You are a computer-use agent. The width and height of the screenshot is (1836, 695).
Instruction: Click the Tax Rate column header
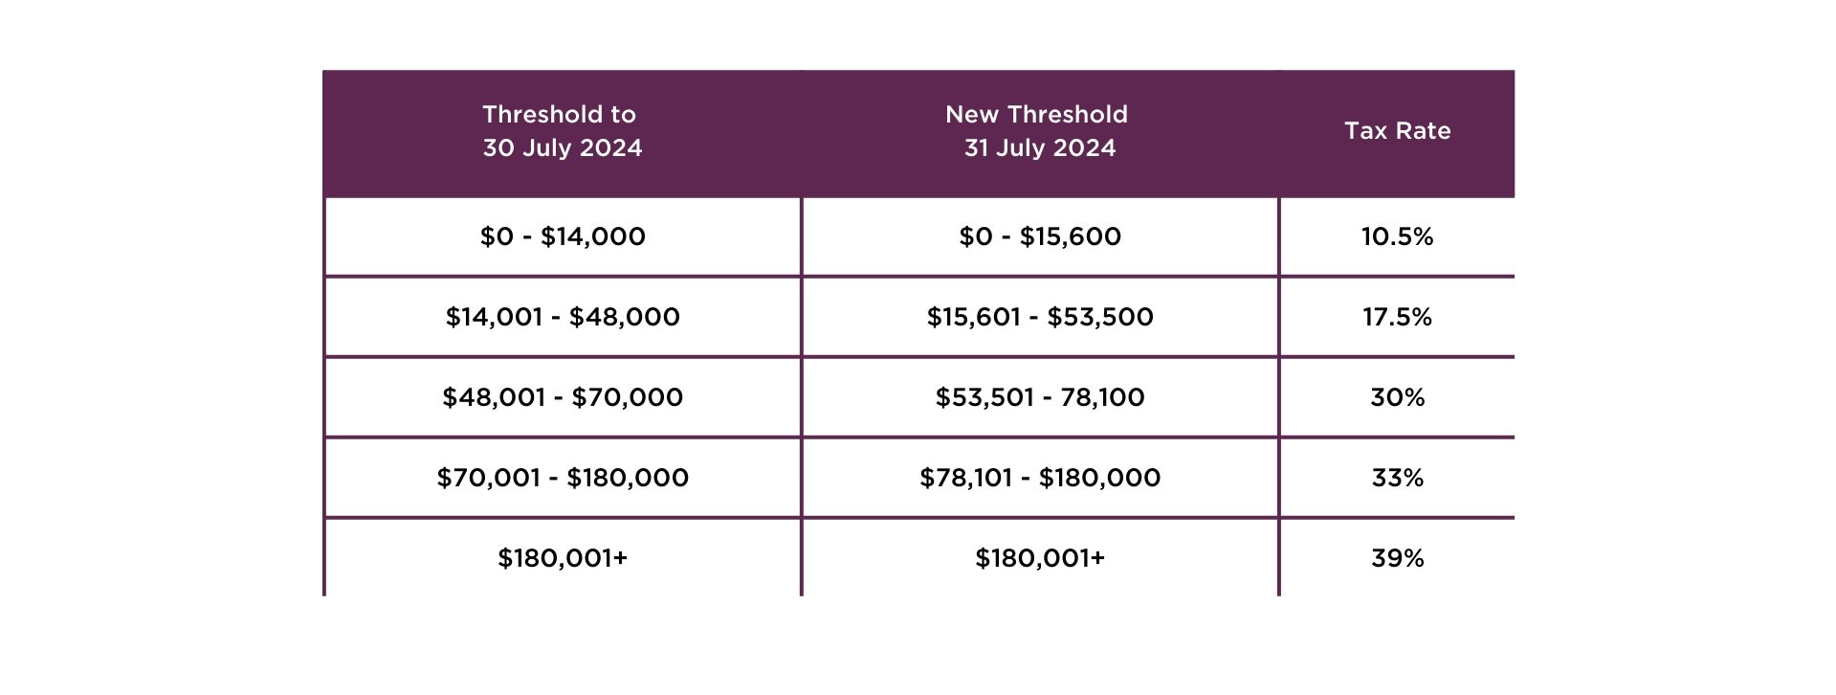[x=1397, y=131]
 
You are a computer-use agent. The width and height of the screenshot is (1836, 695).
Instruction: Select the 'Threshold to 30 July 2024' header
[x=562, y=131]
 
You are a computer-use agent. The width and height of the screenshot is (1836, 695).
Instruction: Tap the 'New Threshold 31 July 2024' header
[x=1038, y=131]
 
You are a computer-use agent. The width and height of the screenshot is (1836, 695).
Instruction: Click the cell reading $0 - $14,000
[x=563, y=236]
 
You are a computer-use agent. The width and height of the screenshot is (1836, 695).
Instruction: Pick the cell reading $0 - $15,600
[x=1040, y=236]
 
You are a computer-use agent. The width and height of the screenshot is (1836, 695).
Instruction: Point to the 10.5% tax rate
[x=1397, y=236]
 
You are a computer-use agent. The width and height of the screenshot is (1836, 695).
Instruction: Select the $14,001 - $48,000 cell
[x=563, y=317]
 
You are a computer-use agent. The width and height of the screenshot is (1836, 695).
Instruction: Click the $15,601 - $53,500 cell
[x=1040, y=317]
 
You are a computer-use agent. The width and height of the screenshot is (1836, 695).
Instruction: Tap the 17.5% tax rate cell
[x=1397, y=317]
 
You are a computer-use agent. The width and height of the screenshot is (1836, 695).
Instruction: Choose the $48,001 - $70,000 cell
[x=563, y=397]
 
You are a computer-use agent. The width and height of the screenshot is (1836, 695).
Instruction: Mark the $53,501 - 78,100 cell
[x=1040, y=397]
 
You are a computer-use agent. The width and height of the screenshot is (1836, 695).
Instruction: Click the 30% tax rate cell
[x=1397, y=397]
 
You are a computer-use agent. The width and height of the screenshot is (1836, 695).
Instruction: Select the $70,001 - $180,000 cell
[x=563, y=478]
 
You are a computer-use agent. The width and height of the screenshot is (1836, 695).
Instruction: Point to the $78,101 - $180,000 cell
[x=1040, y=478]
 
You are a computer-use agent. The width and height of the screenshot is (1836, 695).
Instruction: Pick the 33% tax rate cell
[x=1397, y=478]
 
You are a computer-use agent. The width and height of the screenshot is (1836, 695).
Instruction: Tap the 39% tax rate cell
[x=1397, y=558]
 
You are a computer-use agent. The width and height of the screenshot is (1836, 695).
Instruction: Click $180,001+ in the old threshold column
[x=563, y=558]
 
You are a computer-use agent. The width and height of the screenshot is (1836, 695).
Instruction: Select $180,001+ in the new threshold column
[x=1040, y=558]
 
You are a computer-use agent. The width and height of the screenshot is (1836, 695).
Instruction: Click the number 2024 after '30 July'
[x=609, y=148]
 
